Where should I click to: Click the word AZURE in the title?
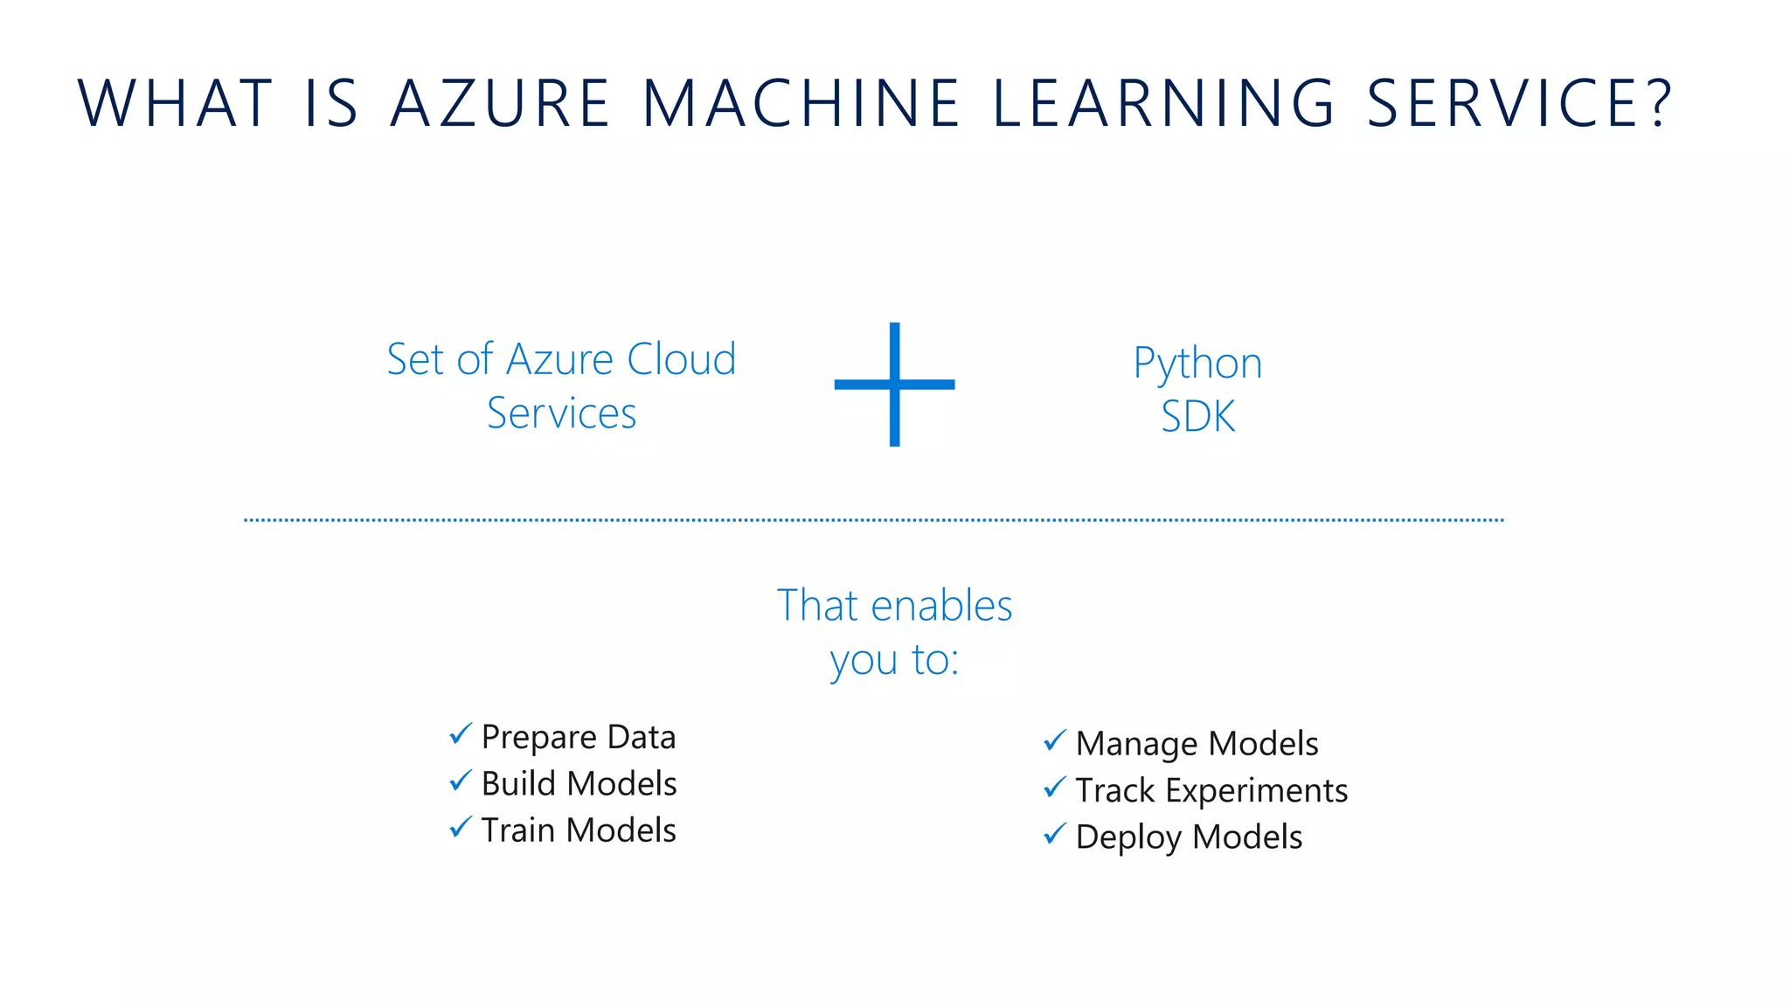coord(499,103)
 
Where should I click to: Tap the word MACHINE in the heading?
coord(801,103)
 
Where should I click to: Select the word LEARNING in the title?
coord(1163,103)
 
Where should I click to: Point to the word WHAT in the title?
coord(176,103)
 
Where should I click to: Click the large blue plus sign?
coord(894,384)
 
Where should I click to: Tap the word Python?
coord(1197,363)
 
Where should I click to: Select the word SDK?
coord(1197,416)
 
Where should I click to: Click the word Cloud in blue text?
coord(681,359)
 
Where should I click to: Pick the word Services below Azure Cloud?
coord(561,413)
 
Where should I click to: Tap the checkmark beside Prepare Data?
coord(461,734)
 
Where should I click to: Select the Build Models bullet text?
coord(579,783)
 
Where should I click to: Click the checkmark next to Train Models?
coord(461,826)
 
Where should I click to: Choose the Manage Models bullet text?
coord(1197,744)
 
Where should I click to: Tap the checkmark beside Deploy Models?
coord(1055,834)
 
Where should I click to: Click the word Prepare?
coord(539,738)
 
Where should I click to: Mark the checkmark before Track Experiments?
coord(1055,788)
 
